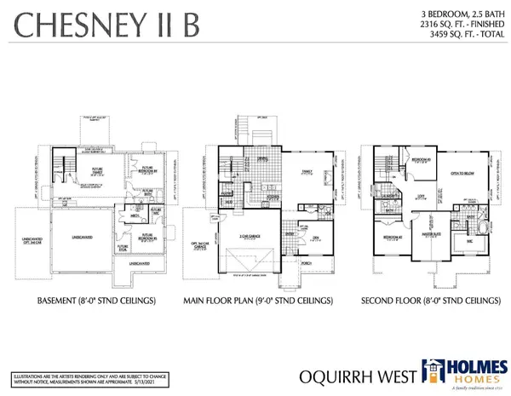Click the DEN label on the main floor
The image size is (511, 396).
(x=315, y=238)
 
